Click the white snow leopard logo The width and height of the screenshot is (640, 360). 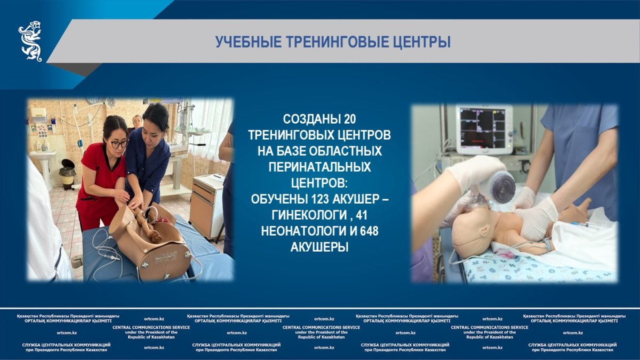point(30,41)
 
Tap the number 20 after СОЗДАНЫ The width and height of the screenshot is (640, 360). point(350,119)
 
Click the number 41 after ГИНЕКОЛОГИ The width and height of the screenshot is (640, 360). point(361,215)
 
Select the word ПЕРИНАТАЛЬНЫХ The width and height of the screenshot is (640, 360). point(319,167)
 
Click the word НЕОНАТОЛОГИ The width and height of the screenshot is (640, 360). point(303,231)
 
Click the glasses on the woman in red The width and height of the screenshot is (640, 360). point(119,144)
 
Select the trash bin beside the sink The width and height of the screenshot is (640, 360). point(68,174)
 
